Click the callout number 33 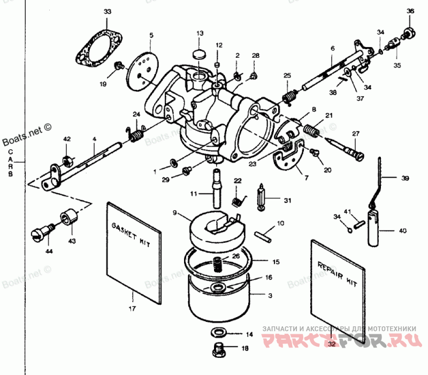coord(108,12)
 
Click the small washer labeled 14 coord(218,333)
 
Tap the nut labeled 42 coord(67,160)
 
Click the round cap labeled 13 coord(199,53)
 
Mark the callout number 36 coord(410,11)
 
